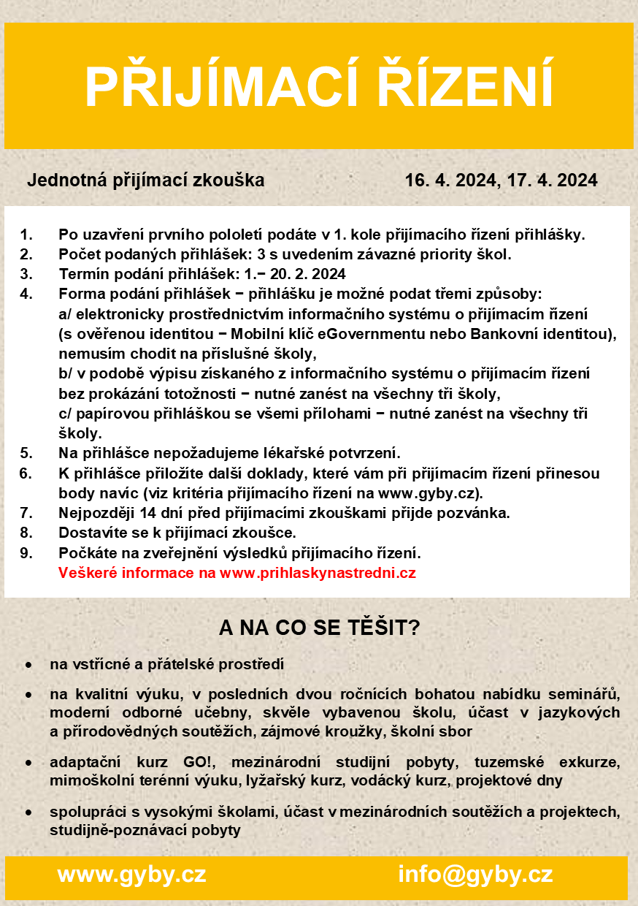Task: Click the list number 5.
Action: pos(26,453)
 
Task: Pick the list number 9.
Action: pos(26,552)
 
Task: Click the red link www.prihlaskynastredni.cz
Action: pos(318,573)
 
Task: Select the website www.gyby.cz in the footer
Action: pos(131,875)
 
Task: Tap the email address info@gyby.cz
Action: pos(475,875)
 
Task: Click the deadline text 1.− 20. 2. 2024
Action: pos(296,275)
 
